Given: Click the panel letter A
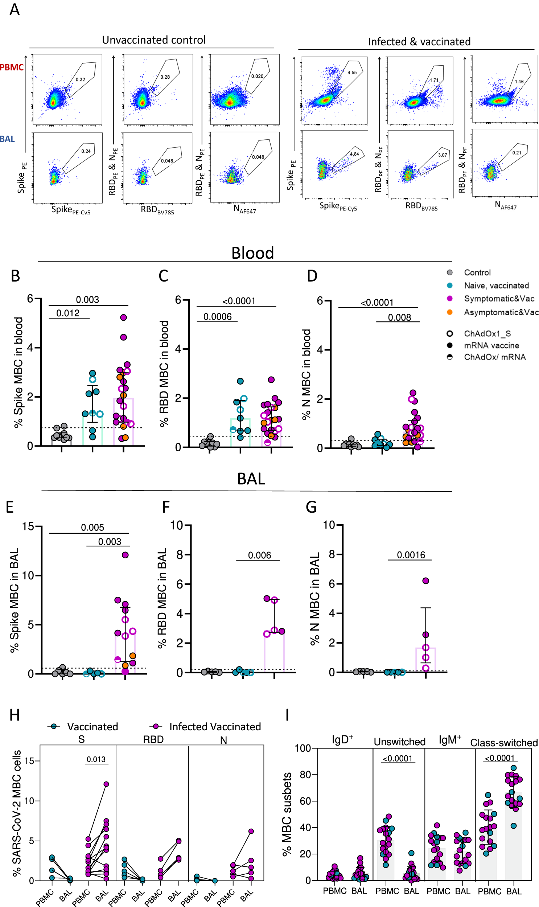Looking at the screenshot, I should coord(15,10).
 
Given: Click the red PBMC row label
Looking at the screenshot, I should coord(12,67).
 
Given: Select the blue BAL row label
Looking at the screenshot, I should coord(7,139).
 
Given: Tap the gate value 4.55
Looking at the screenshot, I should coord(352,73).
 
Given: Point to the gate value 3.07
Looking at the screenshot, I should coord(443,155).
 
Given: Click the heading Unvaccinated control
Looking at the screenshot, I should coord(154,40).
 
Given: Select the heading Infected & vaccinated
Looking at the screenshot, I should coord(419,42).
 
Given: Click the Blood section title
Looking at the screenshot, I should coord(252,253).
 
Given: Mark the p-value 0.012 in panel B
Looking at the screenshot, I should coord(68,313).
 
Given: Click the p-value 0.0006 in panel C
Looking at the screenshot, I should coord(217,317).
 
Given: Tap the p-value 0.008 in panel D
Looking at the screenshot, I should coord(399,317).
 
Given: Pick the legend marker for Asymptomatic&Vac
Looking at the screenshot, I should coord(450,312).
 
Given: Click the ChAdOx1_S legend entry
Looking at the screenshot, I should coord(487,333).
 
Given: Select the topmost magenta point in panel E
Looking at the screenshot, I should coord(125,555).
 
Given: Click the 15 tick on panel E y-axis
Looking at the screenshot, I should coord(28,526).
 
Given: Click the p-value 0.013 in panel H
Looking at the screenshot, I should coord(96,759).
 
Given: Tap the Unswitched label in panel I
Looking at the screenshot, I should coord(399,742).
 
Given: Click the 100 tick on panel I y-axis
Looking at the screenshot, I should coord(303,748).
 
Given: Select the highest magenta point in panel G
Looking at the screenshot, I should coord(426,581).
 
